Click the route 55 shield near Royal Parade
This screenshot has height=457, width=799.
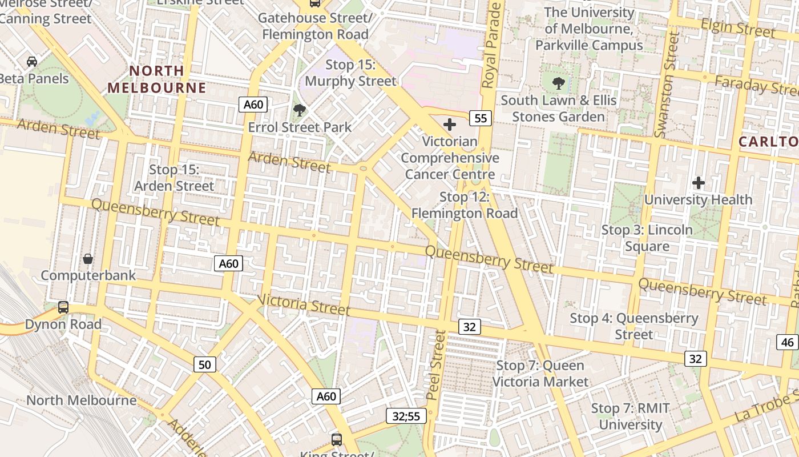click(x=481, y=118)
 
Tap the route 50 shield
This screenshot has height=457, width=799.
click(x=204, y=364)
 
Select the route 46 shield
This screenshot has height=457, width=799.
click(x=788, y=342)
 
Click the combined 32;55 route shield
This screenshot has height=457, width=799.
click(x=406, y=416)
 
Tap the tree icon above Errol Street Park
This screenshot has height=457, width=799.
click(x=298, y=110)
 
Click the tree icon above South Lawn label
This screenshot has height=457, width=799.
click(x=558, y=83)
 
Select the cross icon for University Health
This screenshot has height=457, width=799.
click(x=698, y=183)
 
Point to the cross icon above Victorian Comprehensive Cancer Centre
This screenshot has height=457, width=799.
click(x=450, y=124)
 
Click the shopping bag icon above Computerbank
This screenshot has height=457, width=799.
click(x=88, y=259)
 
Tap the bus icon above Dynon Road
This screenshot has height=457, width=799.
click(x=63, y=307)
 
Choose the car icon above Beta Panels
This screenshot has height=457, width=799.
click(x=32, y=62)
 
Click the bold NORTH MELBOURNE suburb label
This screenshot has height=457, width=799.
click(x=156, y=79)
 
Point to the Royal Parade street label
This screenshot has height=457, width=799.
click(x=492, y=46)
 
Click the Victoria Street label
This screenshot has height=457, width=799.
click(x=303, y=304)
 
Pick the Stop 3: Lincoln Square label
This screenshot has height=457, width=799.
click(x=647, y=238)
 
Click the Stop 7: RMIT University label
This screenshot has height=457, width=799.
click(x=630, y=416)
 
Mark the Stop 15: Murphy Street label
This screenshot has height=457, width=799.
click(x=350, y=73)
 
